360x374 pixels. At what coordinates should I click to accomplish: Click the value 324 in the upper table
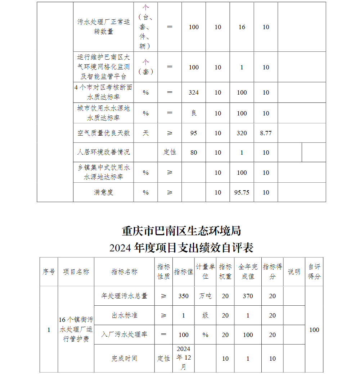194,92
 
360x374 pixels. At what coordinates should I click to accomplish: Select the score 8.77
266,133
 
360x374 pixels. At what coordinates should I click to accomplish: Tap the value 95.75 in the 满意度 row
242,192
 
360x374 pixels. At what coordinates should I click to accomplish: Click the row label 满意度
104,192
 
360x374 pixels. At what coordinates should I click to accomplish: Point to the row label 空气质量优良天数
104,133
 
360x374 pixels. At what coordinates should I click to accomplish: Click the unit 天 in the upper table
145,133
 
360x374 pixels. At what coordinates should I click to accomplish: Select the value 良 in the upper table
194,113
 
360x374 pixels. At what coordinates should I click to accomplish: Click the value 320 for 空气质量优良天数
242,133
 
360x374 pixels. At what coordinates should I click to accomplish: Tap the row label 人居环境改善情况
104,152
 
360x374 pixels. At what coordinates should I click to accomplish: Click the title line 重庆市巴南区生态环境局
181,231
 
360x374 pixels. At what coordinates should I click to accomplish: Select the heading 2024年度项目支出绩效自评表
181,248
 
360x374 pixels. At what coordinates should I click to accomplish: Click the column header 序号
49,272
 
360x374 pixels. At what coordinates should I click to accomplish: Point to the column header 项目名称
76,272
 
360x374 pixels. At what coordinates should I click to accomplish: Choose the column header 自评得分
314,272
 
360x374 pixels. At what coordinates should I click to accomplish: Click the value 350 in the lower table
184,296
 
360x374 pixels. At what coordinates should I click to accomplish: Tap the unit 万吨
205,296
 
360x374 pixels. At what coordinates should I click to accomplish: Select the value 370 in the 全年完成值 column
248,296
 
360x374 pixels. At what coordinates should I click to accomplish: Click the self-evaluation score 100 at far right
314,330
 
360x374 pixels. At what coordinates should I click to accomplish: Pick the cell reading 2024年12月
184,358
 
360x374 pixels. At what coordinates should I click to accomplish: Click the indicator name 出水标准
125,315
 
